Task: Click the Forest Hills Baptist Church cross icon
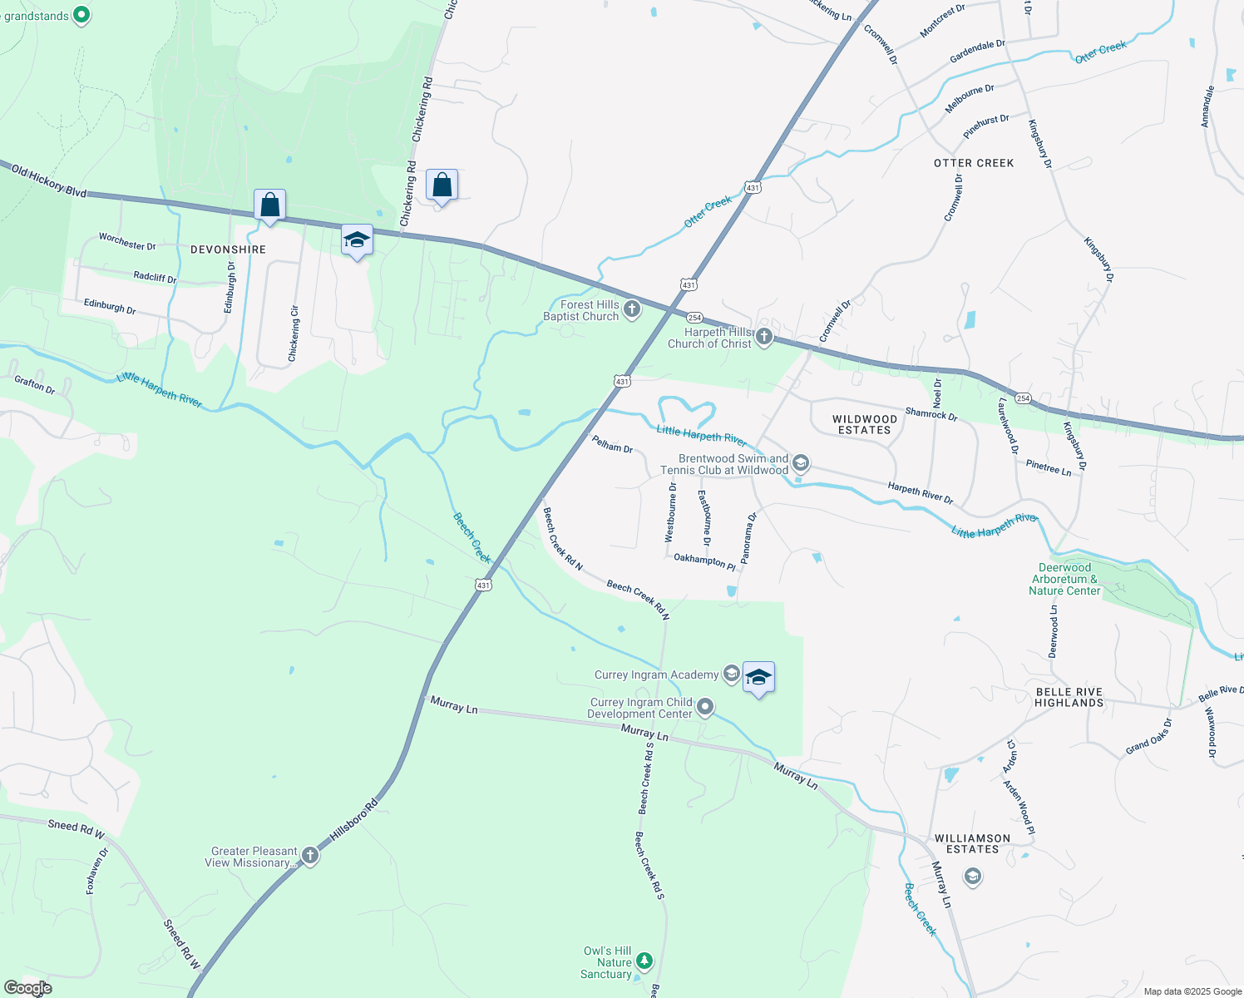click(632, 310)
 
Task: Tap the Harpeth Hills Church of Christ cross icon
click(764, 337)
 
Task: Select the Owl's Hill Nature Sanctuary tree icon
click(644, 962)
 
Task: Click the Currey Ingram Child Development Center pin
click(705, 708)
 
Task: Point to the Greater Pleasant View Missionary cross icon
click(310, 856)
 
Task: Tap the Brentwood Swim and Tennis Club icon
click(800, 462)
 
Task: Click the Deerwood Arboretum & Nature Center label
click(1064, 579)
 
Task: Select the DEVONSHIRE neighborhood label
click(228, 249)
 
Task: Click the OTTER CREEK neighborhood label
click(974, 163)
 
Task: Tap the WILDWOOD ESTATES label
click(865, 424)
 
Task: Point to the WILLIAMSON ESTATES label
click(972, 843)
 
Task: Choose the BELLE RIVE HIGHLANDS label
click(1069, 697)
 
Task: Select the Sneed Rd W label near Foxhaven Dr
click(76, 829)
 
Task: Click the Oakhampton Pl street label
click(704, 561)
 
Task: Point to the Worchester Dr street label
click(127, 241)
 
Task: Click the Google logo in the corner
click(27, 988)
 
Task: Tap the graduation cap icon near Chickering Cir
click(357, 240)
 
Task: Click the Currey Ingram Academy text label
click(656, 674)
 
